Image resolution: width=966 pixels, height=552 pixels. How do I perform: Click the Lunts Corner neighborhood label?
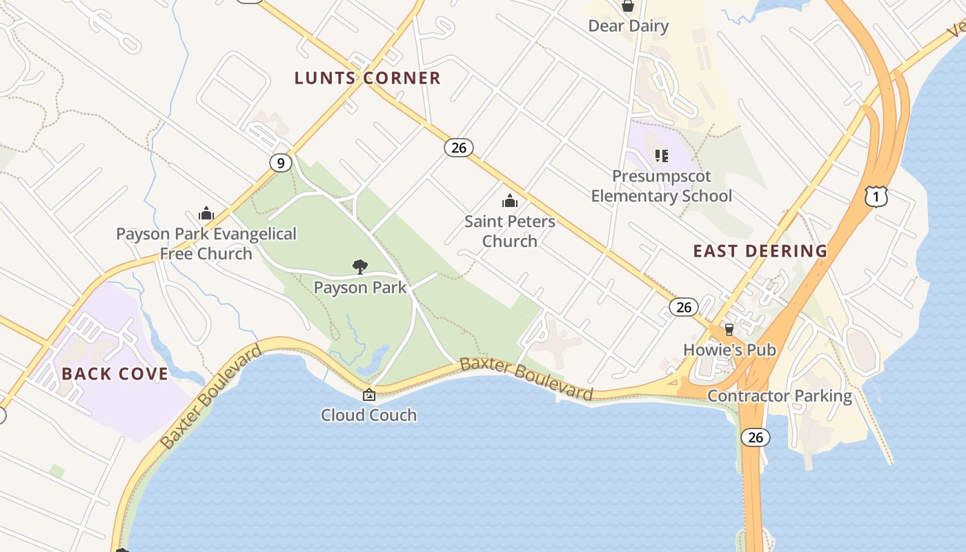pyautogui.click(x=367, y=78)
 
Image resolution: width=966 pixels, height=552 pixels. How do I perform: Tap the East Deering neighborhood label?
pyautogui.click(x=760, y=251)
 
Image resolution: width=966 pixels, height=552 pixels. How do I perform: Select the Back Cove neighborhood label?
pyautogui.click(x=115, y=374)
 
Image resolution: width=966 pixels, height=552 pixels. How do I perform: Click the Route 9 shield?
pyautogui.click(x=279, y=163)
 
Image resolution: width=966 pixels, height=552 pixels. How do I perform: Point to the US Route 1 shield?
pyautogui.click(x=876, y=197)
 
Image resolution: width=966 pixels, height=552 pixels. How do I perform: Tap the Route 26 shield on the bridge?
pyautogui.click(x=756, y=437)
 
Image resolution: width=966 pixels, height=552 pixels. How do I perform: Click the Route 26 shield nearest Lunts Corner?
pyautogui.click(x=459, y=147)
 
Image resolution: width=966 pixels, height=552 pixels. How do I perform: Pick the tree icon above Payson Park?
pyautogui.click(x=359, y=267)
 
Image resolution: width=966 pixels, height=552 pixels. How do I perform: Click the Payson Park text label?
pyautogui.click(x=360, y=287)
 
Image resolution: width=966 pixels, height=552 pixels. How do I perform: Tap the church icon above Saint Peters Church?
pyautogui.click(x=510, y=201)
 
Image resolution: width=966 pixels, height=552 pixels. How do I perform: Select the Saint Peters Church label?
pyautogui.click(x=510, y=231)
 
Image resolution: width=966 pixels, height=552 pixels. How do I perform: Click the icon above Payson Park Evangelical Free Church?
pyautogui.click(x=206, y=213)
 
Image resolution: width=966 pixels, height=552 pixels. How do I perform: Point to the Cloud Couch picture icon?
pyautogui.click(x=369, y=395)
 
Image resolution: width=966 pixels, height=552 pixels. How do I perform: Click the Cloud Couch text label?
pyautogui.click(x=369, y=415)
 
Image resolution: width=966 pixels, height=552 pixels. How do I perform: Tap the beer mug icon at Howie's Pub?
pyautogui.click(x=729, y=330)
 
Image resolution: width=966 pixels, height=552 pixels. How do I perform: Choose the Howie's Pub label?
pyautogui.click(x=729, y=350)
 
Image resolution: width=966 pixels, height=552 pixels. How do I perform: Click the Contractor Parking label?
pyautogui.click(x=780, y=396)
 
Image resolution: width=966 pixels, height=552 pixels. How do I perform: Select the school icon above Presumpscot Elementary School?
pyautogui.click(x=662, y=156)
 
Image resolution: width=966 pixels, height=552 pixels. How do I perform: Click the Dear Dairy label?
pyautogui.click(x=629, y=26)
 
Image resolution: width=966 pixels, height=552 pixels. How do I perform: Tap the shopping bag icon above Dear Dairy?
pyautogui.click(x=628, y=6)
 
